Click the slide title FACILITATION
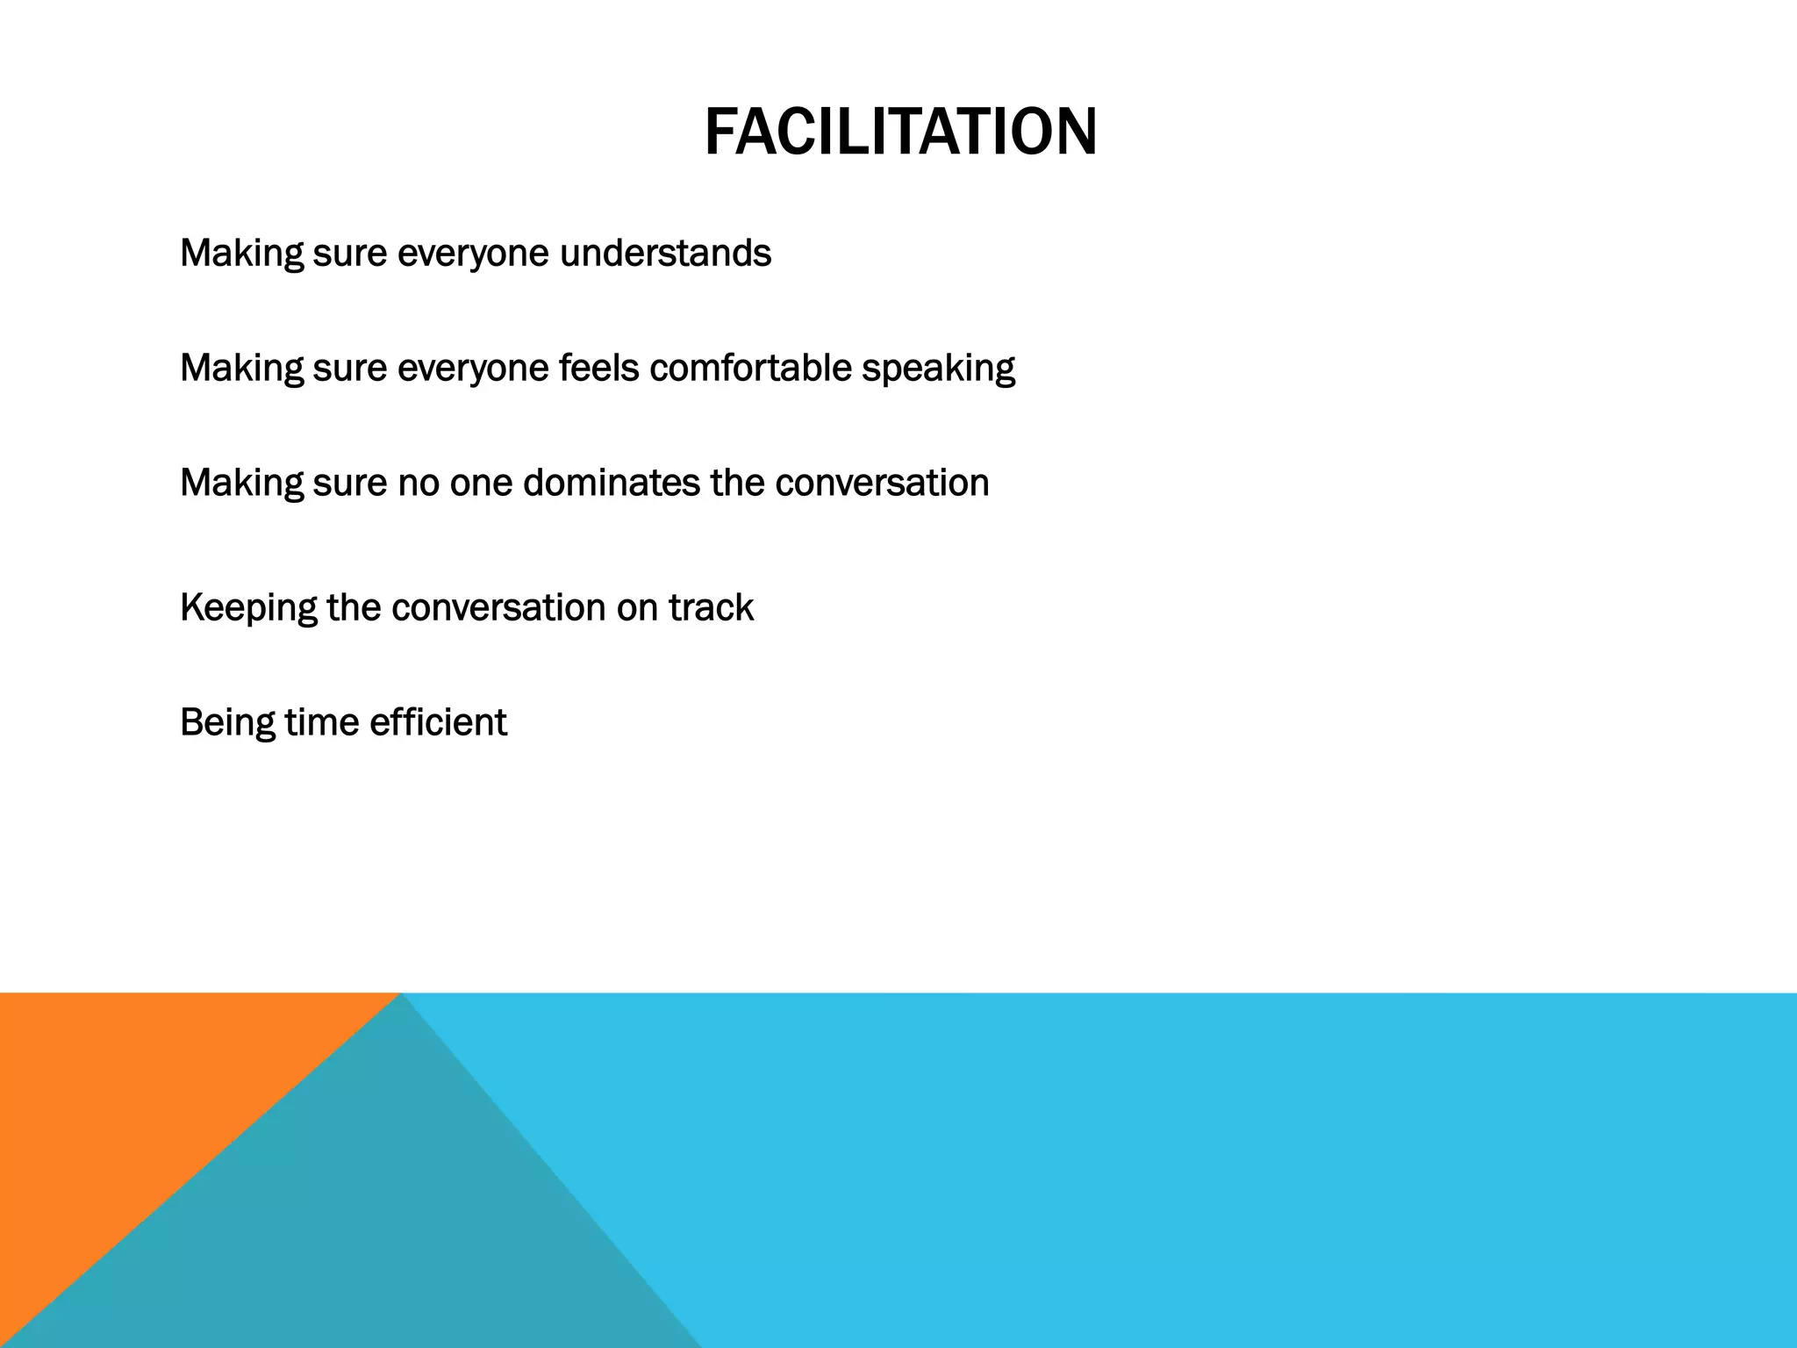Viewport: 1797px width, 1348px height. click(900, 132)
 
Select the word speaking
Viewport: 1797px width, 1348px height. click(938, 369)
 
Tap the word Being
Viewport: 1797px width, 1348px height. click(227, 723)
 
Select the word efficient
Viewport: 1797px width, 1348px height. click(438, 722)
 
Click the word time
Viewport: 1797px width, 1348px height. click(322, 722)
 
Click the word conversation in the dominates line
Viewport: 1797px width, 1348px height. click(882, 483)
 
